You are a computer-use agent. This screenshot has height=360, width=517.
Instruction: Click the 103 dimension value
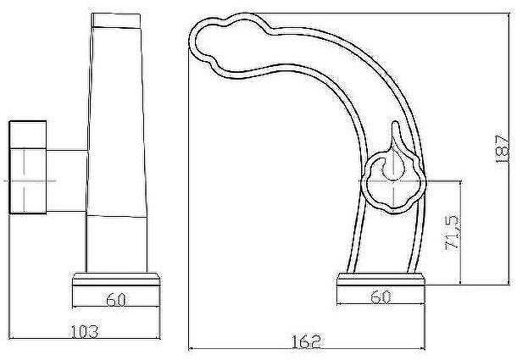(85, 332)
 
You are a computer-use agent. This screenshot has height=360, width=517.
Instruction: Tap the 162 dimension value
(306, 341)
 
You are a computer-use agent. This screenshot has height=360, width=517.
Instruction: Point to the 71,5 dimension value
(452, 232)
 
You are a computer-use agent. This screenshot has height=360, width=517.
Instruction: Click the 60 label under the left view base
(116, 300)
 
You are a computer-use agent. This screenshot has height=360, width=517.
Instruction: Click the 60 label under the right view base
(381, 297)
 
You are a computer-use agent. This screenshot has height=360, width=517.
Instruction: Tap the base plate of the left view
(116, 279)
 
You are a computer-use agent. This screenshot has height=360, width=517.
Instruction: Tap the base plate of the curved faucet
(381, 279)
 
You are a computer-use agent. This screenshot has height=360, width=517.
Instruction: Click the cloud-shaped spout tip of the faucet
(227, 43)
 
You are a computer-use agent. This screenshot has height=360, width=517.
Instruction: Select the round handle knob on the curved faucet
(393, 182)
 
